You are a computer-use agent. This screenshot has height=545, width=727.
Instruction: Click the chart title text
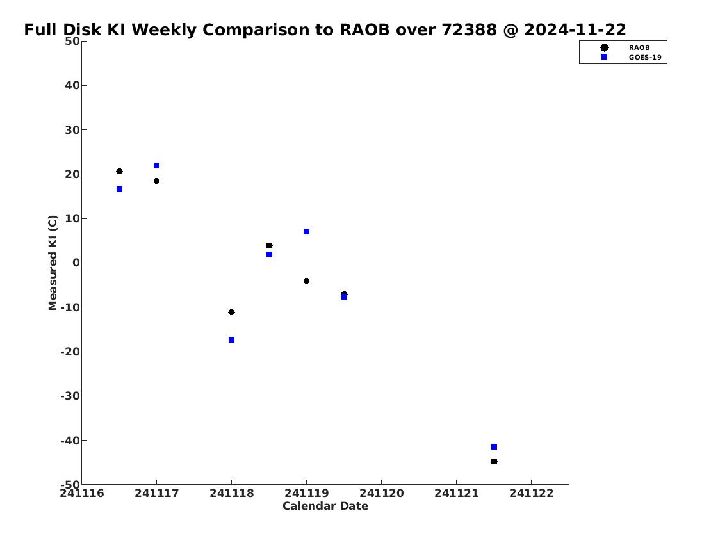325,29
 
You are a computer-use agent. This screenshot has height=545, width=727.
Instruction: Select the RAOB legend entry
625,48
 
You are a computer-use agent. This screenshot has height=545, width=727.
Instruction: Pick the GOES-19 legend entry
631,58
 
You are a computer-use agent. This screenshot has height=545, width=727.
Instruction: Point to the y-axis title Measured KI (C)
53,263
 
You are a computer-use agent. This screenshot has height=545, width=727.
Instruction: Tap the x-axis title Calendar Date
325,506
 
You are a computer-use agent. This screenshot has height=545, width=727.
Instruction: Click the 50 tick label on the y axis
72,41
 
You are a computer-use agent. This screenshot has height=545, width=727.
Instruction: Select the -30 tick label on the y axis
70,396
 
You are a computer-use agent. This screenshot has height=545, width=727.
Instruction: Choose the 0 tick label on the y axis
76,263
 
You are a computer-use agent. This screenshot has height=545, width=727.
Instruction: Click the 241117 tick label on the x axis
157,493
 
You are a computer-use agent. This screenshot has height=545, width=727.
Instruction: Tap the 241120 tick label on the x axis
382,493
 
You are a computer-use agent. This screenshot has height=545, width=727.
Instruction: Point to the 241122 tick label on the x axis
532,493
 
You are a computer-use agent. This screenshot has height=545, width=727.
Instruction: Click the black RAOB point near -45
494,462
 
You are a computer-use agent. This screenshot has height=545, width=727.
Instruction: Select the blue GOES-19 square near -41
494,447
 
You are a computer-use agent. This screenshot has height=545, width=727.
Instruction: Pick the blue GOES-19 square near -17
232,339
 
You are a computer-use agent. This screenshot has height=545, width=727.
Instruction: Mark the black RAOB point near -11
232,313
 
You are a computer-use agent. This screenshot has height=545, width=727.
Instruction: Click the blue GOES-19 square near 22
157,165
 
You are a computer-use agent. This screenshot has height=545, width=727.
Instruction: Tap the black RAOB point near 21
120,172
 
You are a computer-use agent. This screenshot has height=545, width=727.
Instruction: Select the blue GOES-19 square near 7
306,231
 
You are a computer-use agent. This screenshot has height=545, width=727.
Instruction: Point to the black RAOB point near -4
306,281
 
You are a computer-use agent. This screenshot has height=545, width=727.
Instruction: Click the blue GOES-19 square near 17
120,189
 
